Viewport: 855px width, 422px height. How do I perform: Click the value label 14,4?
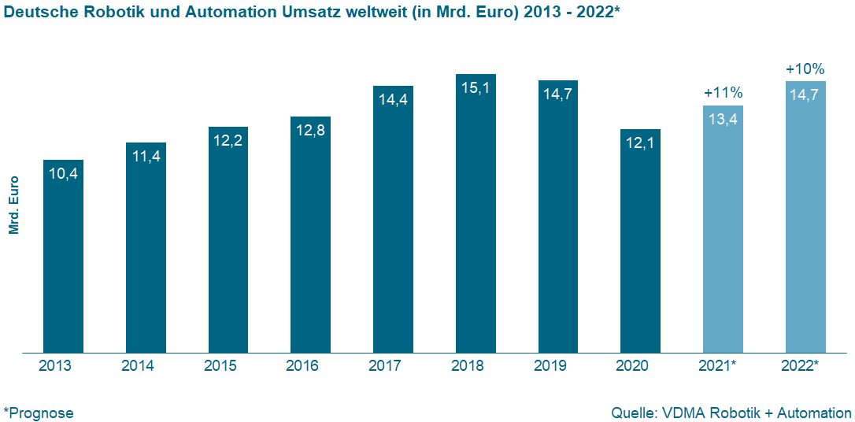(x=393, y=100)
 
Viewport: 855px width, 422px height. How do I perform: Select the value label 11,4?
(x=146, y=157)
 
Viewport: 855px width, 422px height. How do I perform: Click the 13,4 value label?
(x=723, y=119)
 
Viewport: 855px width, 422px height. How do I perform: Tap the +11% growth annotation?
(x=723, y=93)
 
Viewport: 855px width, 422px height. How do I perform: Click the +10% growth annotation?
(x=805, y=69)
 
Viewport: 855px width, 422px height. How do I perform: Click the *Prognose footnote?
(x=39, y=413)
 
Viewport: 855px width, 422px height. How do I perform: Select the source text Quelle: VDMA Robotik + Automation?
(x=731, y=413)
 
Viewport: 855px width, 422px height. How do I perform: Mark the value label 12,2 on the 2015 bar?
(x=228, y=141)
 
